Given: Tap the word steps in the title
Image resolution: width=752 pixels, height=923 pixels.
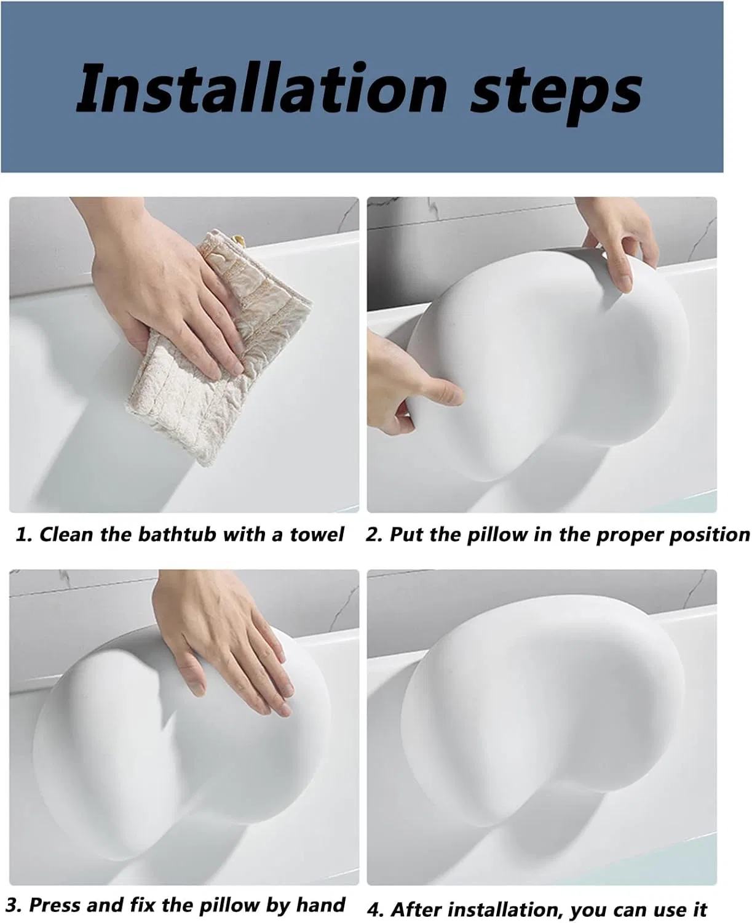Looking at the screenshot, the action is [x=556, y=94].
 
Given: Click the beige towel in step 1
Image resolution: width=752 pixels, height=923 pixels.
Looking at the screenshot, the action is [x=219, y=350].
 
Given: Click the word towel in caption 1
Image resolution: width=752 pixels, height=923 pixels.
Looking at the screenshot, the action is [x=317, y=534].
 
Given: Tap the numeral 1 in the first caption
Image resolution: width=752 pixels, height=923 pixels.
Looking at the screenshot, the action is [x=21, y=535].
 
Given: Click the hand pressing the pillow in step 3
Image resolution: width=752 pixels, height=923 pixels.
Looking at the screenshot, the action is [x=228, y=639].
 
